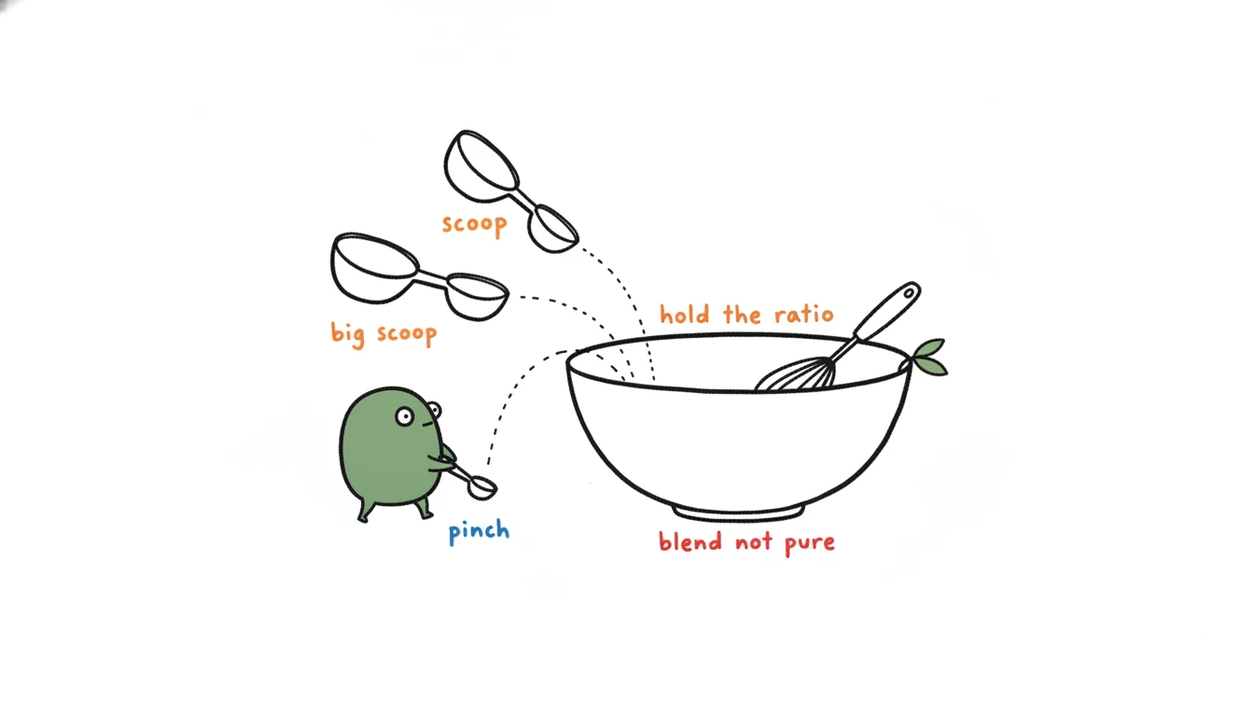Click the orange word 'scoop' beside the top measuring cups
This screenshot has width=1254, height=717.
point(475,225)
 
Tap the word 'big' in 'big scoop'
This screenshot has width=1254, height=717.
point(348,334)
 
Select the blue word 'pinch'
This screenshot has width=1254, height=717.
point(480,531)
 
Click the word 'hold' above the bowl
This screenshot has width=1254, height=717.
point(685,315)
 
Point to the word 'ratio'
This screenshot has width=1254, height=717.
point(804,315)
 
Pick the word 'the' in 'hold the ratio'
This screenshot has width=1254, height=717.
point(743,315)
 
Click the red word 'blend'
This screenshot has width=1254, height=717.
point(690,541)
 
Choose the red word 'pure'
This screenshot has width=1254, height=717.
point(810,543)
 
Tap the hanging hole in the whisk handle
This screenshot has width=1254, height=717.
point(909,292)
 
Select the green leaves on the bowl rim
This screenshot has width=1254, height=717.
point(930,358)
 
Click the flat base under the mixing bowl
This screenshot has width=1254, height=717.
point(739,513)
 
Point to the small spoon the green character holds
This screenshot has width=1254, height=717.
point(476,483)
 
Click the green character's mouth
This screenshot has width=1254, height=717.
point(428,424)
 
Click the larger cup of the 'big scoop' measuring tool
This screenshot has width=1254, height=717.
point(374,268)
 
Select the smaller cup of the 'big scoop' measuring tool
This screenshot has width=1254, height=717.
point(478,297)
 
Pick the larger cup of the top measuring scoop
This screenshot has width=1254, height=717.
point(481,166)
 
